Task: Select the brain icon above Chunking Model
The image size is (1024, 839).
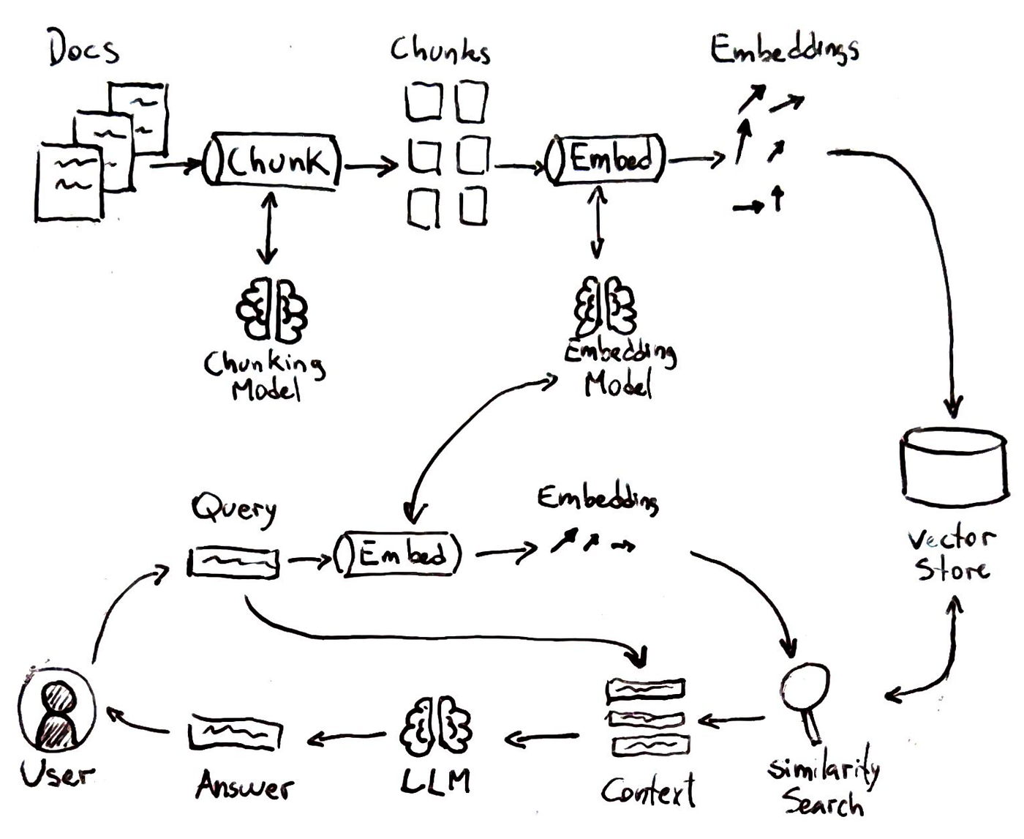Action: tap(271, 310)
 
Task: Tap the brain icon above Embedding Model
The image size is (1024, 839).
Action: tap(606, 306)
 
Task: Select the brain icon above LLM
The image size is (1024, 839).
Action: tap(436, 728)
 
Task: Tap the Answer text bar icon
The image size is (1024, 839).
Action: tap(235, 733)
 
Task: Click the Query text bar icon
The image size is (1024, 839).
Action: tap(234, 562)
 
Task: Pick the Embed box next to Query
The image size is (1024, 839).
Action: tap(399, 554)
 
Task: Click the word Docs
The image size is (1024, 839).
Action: tap(83, 49)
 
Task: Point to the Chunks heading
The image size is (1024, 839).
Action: tap(440, 50)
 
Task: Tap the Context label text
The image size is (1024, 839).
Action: tap(648, 791)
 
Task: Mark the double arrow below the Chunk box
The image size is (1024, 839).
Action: tap(268, 228)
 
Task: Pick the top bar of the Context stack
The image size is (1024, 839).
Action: tap(646, 689)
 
